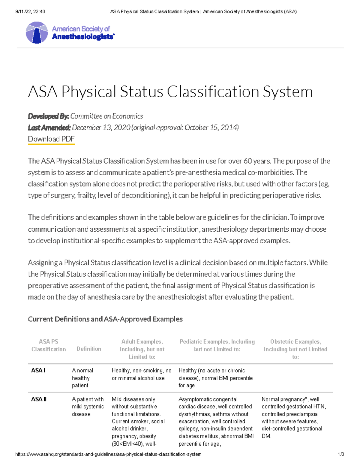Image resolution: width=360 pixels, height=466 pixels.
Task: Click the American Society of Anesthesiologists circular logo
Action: [37, 32]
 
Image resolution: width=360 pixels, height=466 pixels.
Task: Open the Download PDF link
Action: [51, 139]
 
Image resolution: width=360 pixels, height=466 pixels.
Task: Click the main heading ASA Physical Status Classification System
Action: [170, 92]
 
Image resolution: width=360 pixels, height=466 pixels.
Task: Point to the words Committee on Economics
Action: [106, 116]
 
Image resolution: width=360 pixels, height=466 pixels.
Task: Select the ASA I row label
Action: [38, 370]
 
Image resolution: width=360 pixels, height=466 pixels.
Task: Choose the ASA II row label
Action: [39, 399]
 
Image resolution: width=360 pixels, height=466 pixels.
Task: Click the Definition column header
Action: [89, 349]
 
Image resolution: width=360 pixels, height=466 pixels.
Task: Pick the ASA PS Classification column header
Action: [49, 345]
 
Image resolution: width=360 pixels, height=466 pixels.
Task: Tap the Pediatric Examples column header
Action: [217, 345]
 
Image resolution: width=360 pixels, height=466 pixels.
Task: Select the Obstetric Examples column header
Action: [295, 349]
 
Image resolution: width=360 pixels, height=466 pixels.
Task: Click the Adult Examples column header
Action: [142, 349]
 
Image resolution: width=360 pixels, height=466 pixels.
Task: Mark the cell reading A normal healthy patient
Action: [82, 378]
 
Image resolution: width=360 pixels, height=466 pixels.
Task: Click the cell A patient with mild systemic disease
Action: [88, 407]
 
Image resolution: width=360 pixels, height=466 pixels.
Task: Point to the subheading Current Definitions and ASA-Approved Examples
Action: [105, 319]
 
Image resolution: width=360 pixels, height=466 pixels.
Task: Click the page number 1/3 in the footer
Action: [340, 454]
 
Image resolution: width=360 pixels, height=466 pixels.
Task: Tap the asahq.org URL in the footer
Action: [108, 454]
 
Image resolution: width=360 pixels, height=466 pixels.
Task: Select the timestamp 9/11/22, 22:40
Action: [30, 12]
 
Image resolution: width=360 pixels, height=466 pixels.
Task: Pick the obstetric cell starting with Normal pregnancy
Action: [293, 417]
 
